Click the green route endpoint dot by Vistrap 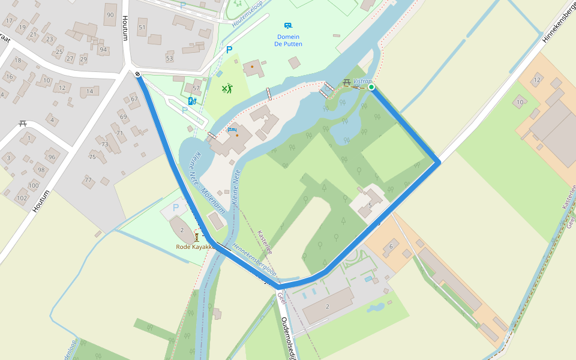371,87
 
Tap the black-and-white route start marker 138,74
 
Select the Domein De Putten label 288,40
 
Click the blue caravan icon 288,26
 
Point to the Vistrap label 362,81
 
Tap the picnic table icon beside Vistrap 347,82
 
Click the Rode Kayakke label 195,247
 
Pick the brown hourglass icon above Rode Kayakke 196,237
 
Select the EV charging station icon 191,101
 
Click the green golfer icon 226,89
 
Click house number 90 110,15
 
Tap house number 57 196,88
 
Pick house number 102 22,198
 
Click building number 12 537,80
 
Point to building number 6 391,246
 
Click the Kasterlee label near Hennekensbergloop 265,242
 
